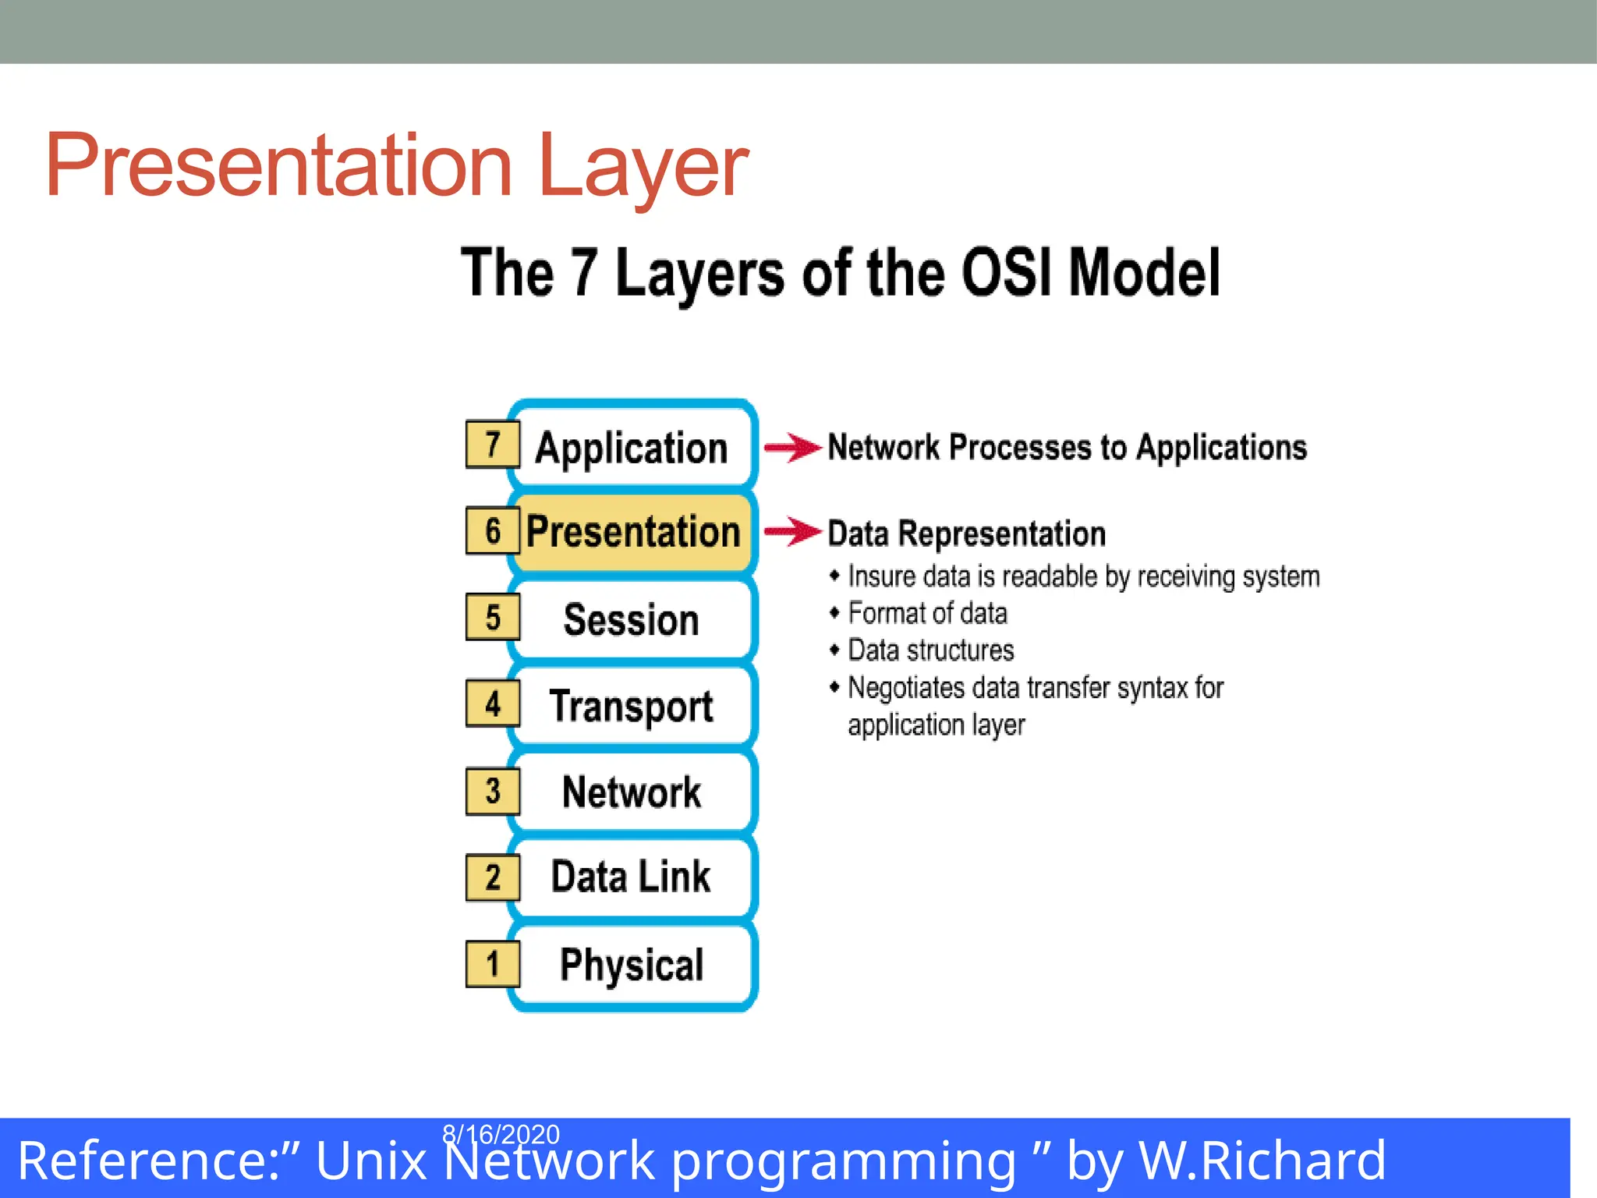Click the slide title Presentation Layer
(396, 165)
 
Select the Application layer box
(632, 448)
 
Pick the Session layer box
(632, 619)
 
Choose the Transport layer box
(632, 706)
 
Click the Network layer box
(632, 792)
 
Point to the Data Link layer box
(632, 877)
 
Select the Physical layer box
(632, 964)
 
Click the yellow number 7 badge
(492, 445)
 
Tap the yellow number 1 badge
(492, 964)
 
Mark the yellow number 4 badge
(492, 704)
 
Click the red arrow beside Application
(792, 448)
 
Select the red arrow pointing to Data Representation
(792, 532)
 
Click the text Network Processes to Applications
(1067, 448)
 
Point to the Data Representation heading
(966, 534)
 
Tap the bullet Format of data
(927, 614)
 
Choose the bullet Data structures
(930, 650)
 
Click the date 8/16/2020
(501, 1133)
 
